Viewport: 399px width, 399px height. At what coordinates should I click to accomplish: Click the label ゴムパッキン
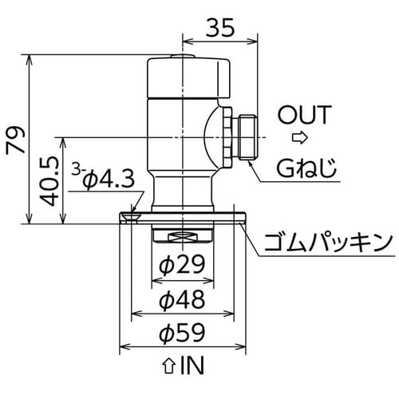(330, 240)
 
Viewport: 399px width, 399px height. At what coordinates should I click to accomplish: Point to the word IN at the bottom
(192, 366)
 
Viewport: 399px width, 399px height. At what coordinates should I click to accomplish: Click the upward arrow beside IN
(168, 367)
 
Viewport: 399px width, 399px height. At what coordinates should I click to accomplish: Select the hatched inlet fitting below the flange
(183, 235)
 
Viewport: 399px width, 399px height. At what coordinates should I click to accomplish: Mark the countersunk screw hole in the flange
(132, 215)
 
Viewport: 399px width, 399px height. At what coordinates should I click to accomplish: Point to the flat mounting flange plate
(215, 216)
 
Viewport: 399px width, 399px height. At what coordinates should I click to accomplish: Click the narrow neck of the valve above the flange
(183, 192)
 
